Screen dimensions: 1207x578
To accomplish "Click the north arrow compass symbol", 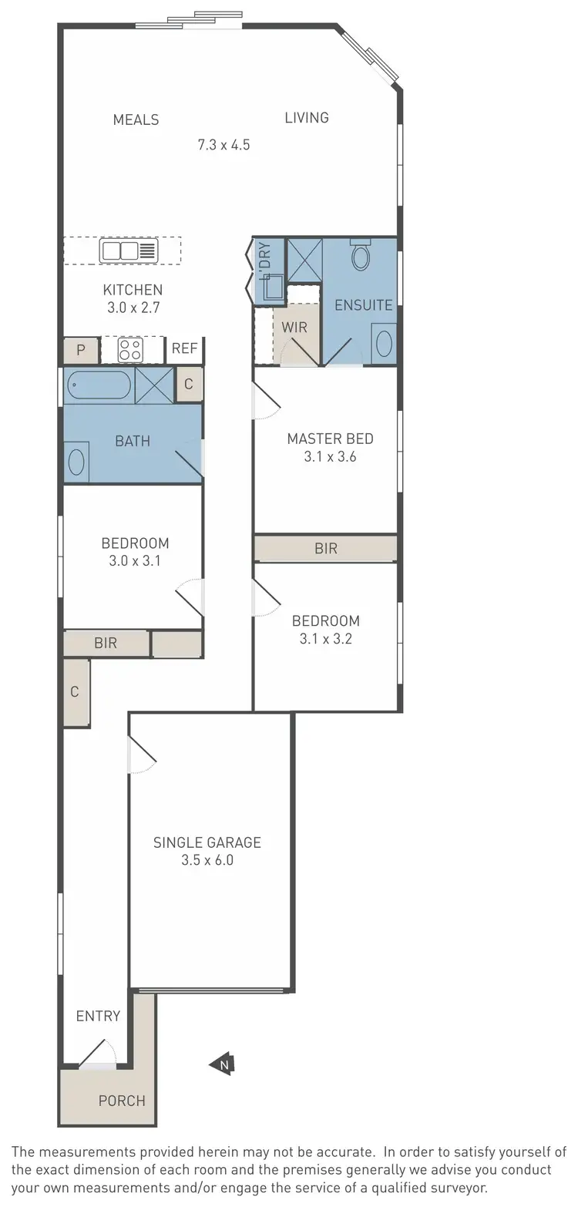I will (x=222, y=1064).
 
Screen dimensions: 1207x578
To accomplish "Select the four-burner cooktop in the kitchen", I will (x=130, y=350).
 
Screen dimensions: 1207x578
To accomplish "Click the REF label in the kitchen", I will (x=184, y=348).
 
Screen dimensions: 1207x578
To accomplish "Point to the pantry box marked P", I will (x=80, y=350).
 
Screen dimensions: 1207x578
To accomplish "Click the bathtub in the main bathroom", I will (x=99, y=385).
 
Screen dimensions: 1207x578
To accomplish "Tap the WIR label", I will (x=294, y=327).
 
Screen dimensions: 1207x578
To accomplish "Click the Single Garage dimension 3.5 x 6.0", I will (x=207, y=860).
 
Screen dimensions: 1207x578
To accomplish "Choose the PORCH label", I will (x=122, y=1101).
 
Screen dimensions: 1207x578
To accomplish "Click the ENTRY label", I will (x=98, y=1016).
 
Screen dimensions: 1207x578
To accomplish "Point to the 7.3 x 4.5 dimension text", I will (x=223, y=144).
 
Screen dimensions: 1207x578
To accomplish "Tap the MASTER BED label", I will (x=330, y=439).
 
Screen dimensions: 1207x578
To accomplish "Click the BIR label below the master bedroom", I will (x=326, y=549).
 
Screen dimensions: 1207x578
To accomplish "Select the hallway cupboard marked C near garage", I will (x=76, y=692).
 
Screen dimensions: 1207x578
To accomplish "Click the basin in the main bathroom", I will (x=77, y=462).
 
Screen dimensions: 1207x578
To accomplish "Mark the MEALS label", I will (x=136, y=119).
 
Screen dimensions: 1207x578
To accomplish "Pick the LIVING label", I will (x=307, y=117).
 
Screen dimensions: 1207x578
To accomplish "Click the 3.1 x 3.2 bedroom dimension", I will (x=325, y=638).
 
